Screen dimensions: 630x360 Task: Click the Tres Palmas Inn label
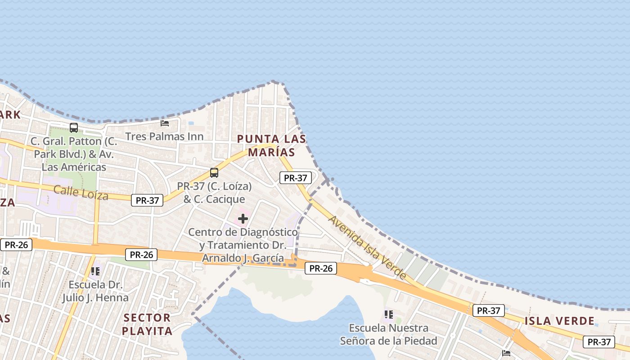[x=164, y=136]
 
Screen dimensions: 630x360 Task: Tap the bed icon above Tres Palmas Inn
[x=165, y=123]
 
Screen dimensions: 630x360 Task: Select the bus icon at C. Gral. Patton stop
[x=74, y=128]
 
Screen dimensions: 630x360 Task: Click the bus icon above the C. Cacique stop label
[x=214, y=173]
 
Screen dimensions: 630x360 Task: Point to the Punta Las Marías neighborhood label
[x=271, y=145]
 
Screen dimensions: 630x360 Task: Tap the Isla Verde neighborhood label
[x=559, y=321]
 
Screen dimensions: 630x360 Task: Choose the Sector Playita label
[x=147, y=324]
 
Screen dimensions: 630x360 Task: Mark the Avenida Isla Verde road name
[x=368, y=247]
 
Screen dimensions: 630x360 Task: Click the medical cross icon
[x=243, y=219]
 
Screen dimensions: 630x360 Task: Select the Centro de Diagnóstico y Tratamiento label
[x=243, y=245]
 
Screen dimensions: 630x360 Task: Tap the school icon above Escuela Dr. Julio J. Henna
[x=95, y=271]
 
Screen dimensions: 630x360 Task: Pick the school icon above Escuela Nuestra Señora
[x=389, y=314]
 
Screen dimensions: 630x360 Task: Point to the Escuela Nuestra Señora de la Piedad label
[x=389, y=334]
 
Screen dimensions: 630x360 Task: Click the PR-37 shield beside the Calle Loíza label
[x=147, y=201]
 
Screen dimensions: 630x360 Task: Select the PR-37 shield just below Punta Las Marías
[x=295, y=178]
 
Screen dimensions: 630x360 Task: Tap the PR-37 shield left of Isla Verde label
[x=488, y=310]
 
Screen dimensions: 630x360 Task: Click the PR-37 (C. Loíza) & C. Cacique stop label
[x=214, y=193]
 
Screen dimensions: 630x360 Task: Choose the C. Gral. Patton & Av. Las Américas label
[x=74, y=154]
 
